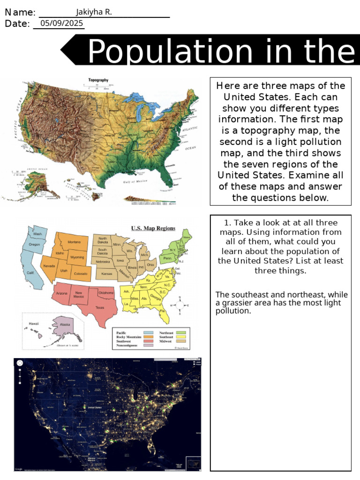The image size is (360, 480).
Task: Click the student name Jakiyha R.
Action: tap(94, 12)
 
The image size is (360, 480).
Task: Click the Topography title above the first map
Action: tap(98, 80)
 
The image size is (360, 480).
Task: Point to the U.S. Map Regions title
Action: tap(153, 229)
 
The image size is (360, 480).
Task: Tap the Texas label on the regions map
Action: tap(100, 307)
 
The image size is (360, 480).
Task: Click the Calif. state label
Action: tap(30, 273)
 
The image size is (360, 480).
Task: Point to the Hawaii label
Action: tap(33, 323)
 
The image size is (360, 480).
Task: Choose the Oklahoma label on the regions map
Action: tap(106, 292)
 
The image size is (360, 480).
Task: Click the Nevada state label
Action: tap(49, 265)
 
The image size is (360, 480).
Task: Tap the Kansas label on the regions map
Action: tap(106, 273)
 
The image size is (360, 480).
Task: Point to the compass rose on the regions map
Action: tap(180, 305)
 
